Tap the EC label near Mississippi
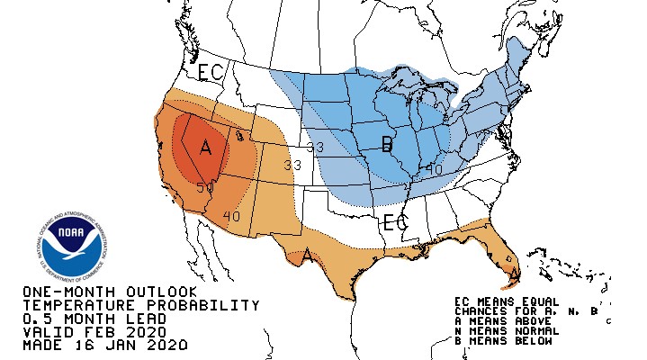click(x=396, y=221)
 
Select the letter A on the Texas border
click(x=307, y=256)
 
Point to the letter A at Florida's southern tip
click(x=514, y=274)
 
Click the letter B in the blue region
click(x=387, y=144)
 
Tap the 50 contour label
click(x=204, y=188)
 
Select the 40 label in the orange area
click(x=231, y=216)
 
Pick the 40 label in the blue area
click(x=434, y=168)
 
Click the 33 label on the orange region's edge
click(x=292, y=166)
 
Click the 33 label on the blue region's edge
click(x=315, y=147)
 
